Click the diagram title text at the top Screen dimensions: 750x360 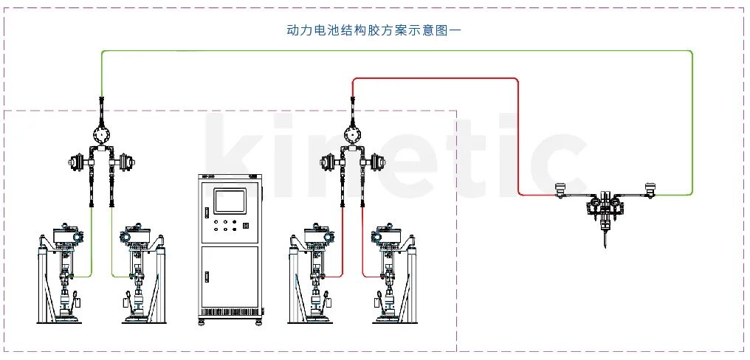coord(374,31)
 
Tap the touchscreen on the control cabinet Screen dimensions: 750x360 coord(229,201)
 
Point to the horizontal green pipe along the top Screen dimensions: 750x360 coord(399,51)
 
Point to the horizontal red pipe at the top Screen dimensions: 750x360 coord(436,78)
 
